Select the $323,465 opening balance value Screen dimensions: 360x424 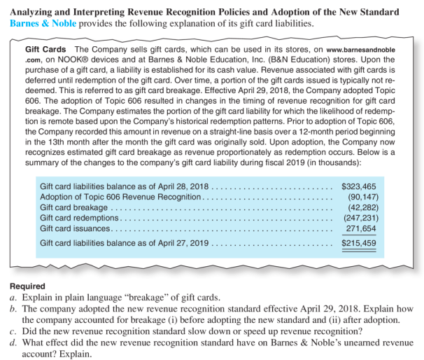pyautogui.click(x=358, y=186)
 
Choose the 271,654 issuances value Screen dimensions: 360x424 pyautogui.click(x=361, y=228)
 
